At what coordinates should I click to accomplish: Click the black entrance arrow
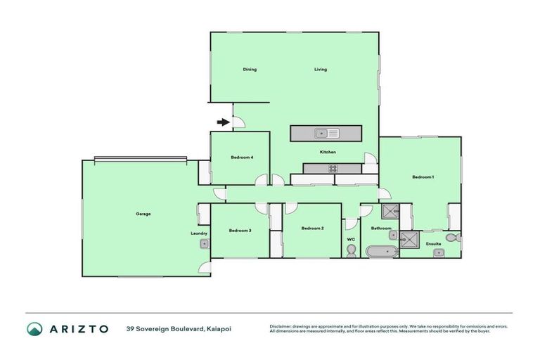click(x=224, y=122)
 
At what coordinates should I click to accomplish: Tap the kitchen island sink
click(x=327, y=132)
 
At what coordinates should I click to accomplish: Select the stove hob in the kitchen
click(x=332, y=168)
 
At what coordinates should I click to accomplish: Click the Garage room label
click(x=143, y=214)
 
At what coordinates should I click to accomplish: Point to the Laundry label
click(x=198, y=233)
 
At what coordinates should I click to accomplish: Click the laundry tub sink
click(x=203, y=244)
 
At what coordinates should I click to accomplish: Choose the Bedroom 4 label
click(x=241, y=157)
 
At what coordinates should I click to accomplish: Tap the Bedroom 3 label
click(x=240, y=230)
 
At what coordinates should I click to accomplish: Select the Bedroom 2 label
click(x=312, y=228)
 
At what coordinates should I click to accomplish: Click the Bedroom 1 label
click(x=423, y=176)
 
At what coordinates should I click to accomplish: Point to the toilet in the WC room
click(x=351, y=250)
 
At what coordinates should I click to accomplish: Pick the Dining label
click(x=250, y=70)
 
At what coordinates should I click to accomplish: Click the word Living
click(x=321, y=70)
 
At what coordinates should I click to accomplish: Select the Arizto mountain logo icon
click(x=34, y=328)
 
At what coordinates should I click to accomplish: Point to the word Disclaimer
click(x=281, y=326)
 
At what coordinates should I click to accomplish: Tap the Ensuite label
click(x=434, y=244)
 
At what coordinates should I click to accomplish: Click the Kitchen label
click(x=328, y=152)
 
